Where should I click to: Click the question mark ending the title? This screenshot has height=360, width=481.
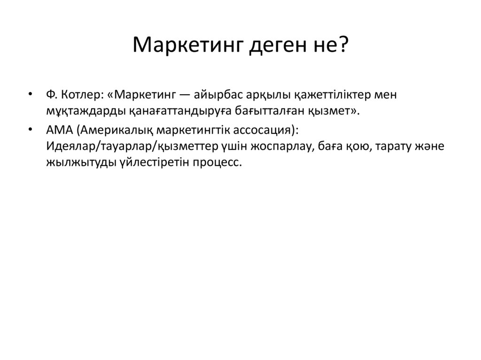pos(343,46)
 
